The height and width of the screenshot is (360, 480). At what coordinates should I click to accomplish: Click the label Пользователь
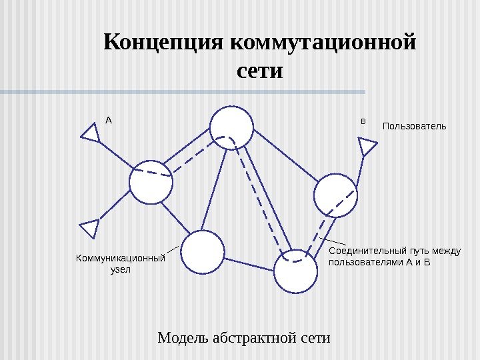click(414, 126)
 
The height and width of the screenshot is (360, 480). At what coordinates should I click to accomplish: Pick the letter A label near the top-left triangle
click(109, 121)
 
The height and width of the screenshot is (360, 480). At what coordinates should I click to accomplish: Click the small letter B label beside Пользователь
click(363, 121)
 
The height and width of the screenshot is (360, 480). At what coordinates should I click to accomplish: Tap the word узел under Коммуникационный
click(121, 270)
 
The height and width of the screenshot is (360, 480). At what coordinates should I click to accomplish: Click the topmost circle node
click(232, 127)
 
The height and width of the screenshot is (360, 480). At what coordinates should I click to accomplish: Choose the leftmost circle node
click(151, 181)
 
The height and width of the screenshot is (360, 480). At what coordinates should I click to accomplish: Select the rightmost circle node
click(335, 195)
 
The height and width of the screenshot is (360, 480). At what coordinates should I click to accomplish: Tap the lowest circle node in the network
click(296, 271)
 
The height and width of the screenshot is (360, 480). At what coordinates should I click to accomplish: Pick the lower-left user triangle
click(90, 228)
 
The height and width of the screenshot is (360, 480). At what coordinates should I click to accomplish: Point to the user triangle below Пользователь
click(367, 146)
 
